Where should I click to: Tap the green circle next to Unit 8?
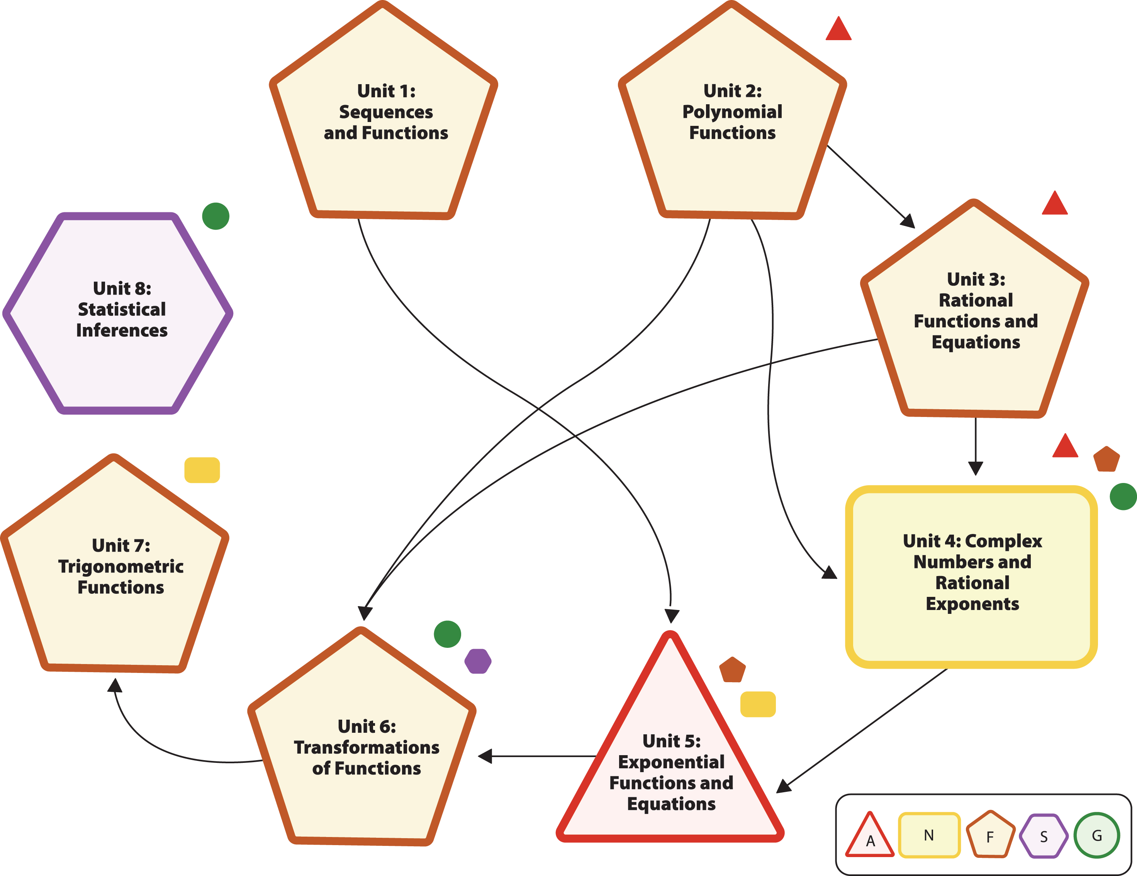pyautogui.click(x=216, y=216)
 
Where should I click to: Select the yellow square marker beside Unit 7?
pyautogui.click(x=202, y=470)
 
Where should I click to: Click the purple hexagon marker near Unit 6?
pyautogui.click(x=478, y=661)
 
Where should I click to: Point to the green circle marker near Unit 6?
pyautogui.click(x=447, y=634)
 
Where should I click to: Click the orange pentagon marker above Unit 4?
pyautogui.click(x=1106, y=459)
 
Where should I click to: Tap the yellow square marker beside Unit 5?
pyautogui.click(x=758, y=704)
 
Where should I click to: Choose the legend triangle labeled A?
pyautogui.click(x=870, y=837)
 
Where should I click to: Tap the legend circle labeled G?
pyautogui.click(x=1097, y=835)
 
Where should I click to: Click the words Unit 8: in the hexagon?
pyautogui.click(x=122, y=288)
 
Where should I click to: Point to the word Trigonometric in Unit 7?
pyautogui.click(x=121, y=566)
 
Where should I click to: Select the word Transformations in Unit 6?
pyautogui.click(x=367, y=747)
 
